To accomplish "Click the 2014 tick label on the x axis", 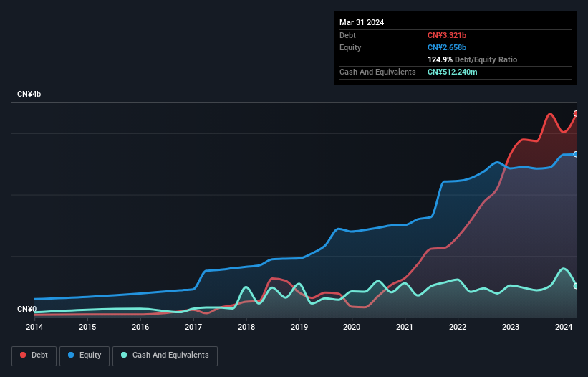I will (x=34, y=328).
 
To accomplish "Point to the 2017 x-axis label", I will (x=193, y=328).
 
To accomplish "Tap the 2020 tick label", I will (x=352, y=328).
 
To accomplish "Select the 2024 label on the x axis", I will (x=564, y=328).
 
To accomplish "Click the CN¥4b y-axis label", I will (x=29, y=95).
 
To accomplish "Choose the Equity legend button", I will (x=84, y=355).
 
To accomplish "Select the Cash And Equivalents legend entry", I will (x=165, y=355).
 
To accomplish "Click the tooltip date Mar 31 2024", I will (x=362, y=22).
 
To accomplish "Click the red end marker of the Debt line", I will (x=576, y=113).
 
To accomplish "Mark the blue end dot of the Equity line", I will (x=576, y=154).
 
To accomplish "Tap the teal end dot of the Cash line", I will (x=576, y=286).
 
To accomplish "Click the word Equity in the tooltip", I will (x=350, y=47).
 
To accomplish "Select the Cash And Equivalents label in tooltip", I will (x=377, y=72).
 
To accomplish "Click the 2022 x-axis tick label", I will (x=458, y=328).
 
